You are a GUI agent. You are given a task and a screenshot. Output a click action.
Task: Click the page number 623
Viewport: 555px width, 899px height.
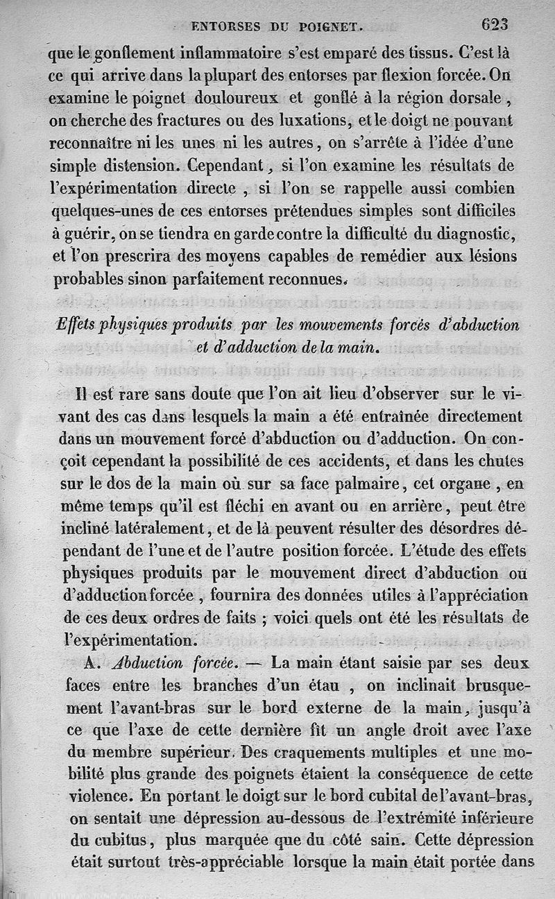click(494, 24)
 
